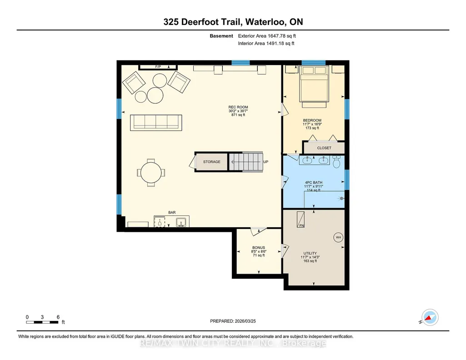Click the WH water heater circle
point(338,237)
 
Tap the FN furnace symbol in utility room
point(301,220)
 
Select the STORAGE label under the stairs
point(211,162)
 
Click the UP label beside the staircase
point(266,162)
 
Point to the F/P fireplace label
point(158,67)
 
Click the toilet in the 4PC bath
point(336,162)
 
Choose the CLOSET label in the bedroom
point(324,148)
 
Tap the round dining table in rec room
point(151,173)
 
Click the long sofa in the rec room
point(156,122)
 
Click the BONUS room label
point(259,248)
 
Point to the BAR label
point(172,213)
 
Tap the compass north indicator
point(430,318)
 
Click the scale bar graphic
point(42,322)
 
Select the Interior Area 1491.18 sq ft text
point(266,43)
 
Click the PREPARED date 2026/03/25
point(245,321)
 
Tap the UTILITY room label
point(310,253)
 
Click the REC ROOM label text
point(238,107)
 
